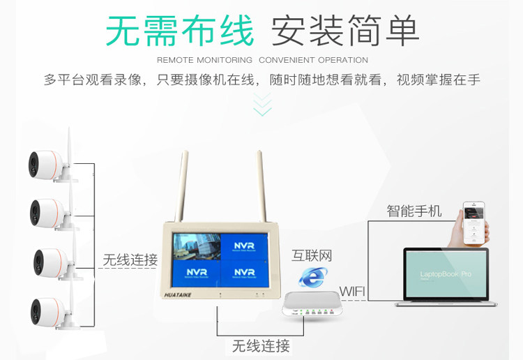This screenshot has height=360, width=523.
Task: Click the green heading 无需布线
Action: click(179, 30)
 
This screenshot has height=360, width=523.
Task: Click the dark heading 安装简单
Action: click(344, 30)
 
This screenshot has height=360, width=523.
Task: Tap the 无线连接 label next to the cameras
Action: click(130, 260)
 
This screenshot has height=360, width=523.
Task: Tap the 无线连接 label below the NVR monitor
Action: click(261, 345)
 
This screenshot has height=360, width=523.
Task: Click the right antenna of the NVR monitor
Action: click(258, 185)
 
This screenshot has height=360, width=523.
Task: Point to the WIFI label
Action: click(353, 290)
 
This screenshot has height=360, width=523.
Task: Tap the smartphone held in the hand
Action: click(474, 223)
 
